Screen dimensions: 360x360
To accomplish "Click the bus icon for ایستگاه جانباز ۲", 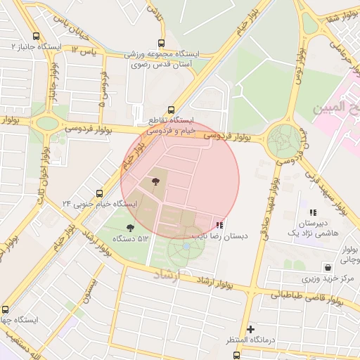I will (x=36, y=37).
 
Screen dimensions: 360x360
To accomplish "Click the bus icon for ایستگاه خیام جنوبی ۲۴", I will (x=98, y=193).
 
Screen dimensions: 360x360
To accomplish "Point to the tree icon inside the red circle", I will (x=154, y=183).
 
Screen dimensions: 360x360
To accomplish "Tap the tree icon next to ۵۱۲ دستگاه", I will (x=129, y=227).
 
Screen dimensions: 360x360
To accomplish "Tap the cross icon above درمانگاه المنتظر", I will (x=250, y=329).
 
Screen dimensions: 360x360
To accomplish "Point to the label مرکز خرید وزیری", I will (x=328, y=278).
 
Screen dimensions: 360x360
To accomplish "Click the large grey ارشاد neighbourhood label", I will (x=167, y=276).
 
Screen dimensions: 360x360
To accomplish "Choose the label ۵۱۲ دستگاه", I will (x=134, y=239).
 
